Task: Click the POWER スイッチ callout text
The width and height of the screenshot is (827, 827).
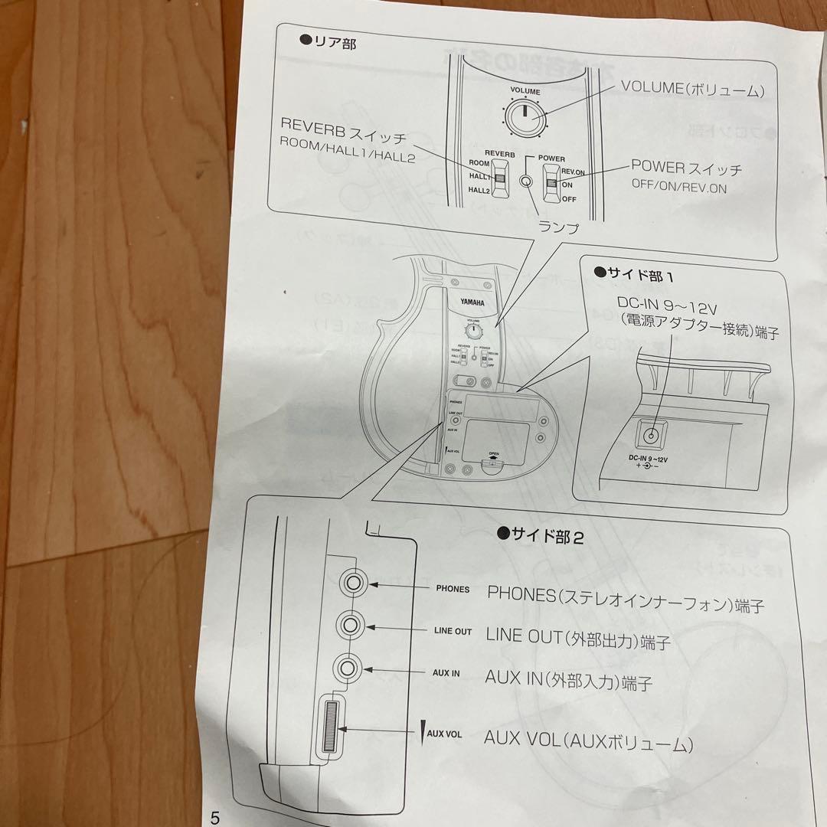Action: [686, 168]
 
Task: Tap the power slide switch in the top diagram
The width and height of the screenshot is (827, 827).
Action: [552, 181]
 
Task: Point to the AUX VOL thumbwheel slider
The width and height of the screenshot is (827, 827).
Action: [330, 727]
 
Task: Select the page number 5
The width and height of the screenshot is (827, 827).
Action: [215, 817]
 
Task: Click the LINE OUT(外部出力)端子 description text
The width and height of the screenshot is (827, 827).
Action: [578, 638]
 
